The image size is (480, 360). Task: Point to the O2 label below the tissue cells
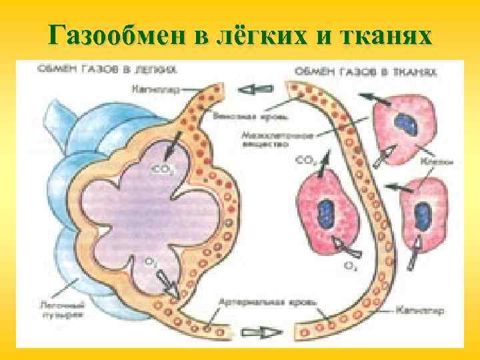tap(349, 265)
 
